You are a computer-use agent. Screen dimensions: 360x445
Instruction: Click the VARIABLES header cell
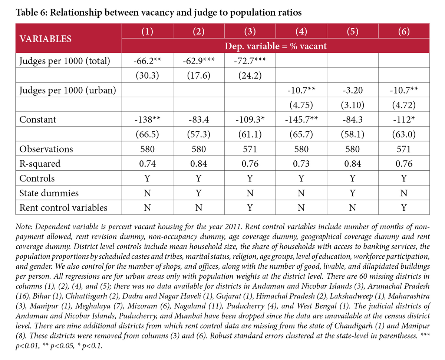pyautogui.click(x=46, y=39)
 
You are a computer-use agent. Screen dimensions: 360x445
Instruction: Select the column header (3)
pyautogui.click(x=250, y=32)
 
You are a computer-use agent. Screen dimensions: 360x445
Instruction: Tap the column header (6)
pyautogui.click(x=403, y=32)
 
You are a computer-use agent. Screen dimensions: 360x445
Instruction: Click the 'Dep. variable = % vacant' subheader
pyautogui.click(x=276, y=46)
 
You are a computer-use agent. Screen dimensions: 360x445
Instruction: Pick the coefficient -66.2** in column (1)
pyautogui.click(x=148, y=61)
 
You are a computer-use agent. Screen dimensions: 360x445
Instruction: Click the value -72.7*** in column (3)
pyautogui.click(x=250, y=61)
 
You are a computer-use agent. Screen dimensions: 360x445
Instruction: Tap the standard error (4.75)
pyautogui.click(x=301, y=105)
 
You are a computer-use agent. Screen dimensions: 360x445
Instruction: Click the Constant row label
pyautogui.click(x=38, y=120)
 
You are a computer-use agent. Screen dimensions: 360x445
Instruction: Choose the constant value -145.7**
pyautogui.click(x=301, y=120)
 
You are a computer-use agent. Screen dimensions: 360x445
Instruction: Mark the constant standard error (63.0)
pyautogui.click(x=403, y=134)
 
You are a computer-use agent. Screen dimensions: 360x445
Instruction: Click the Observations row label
pyautogui.click(x=46, y=149)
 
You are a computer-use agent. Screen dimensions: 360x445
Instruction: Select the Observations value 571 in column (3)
pyautogui.click(x=250, y=149)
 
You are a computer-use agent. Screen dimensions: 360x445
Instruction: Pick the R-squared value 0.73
pyautogui.click(x=301, y=163)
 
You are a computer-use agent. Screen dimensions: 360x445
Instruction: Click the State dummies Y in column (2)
pyautogui.click(x=199, y=193)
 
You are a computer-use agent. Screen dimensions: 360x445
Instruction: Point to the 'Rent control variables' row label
pyautogui.click(x=63, y=207)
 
